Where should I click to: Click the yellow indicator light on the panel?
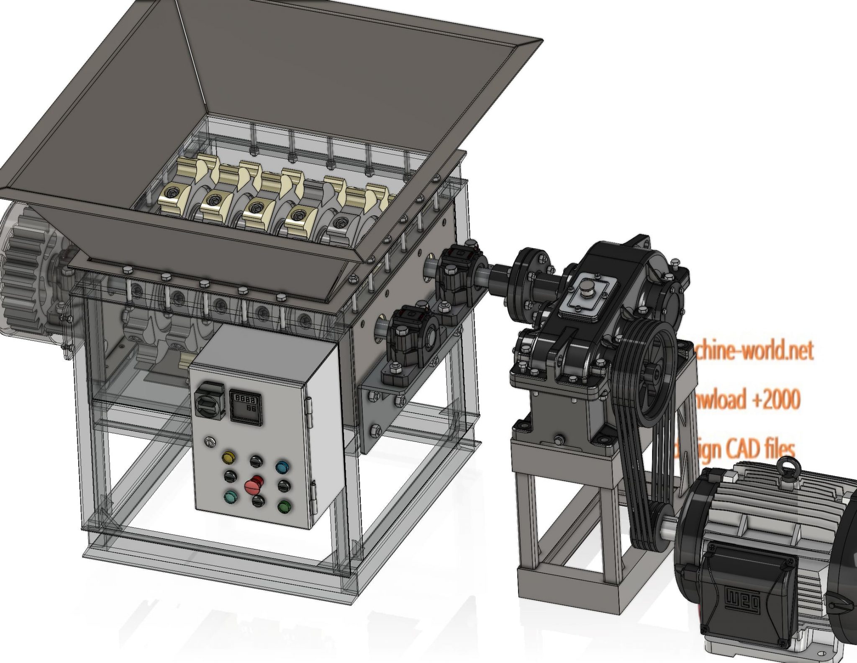tap(229, 457)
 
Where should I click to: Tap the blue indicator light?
tap(282, 467)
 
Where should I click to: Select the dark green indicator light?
tap(284, 506)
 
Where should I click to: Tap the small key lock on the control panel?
tap(209, 441)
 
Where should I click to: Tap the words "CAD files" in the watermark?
tap(759, 449)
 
